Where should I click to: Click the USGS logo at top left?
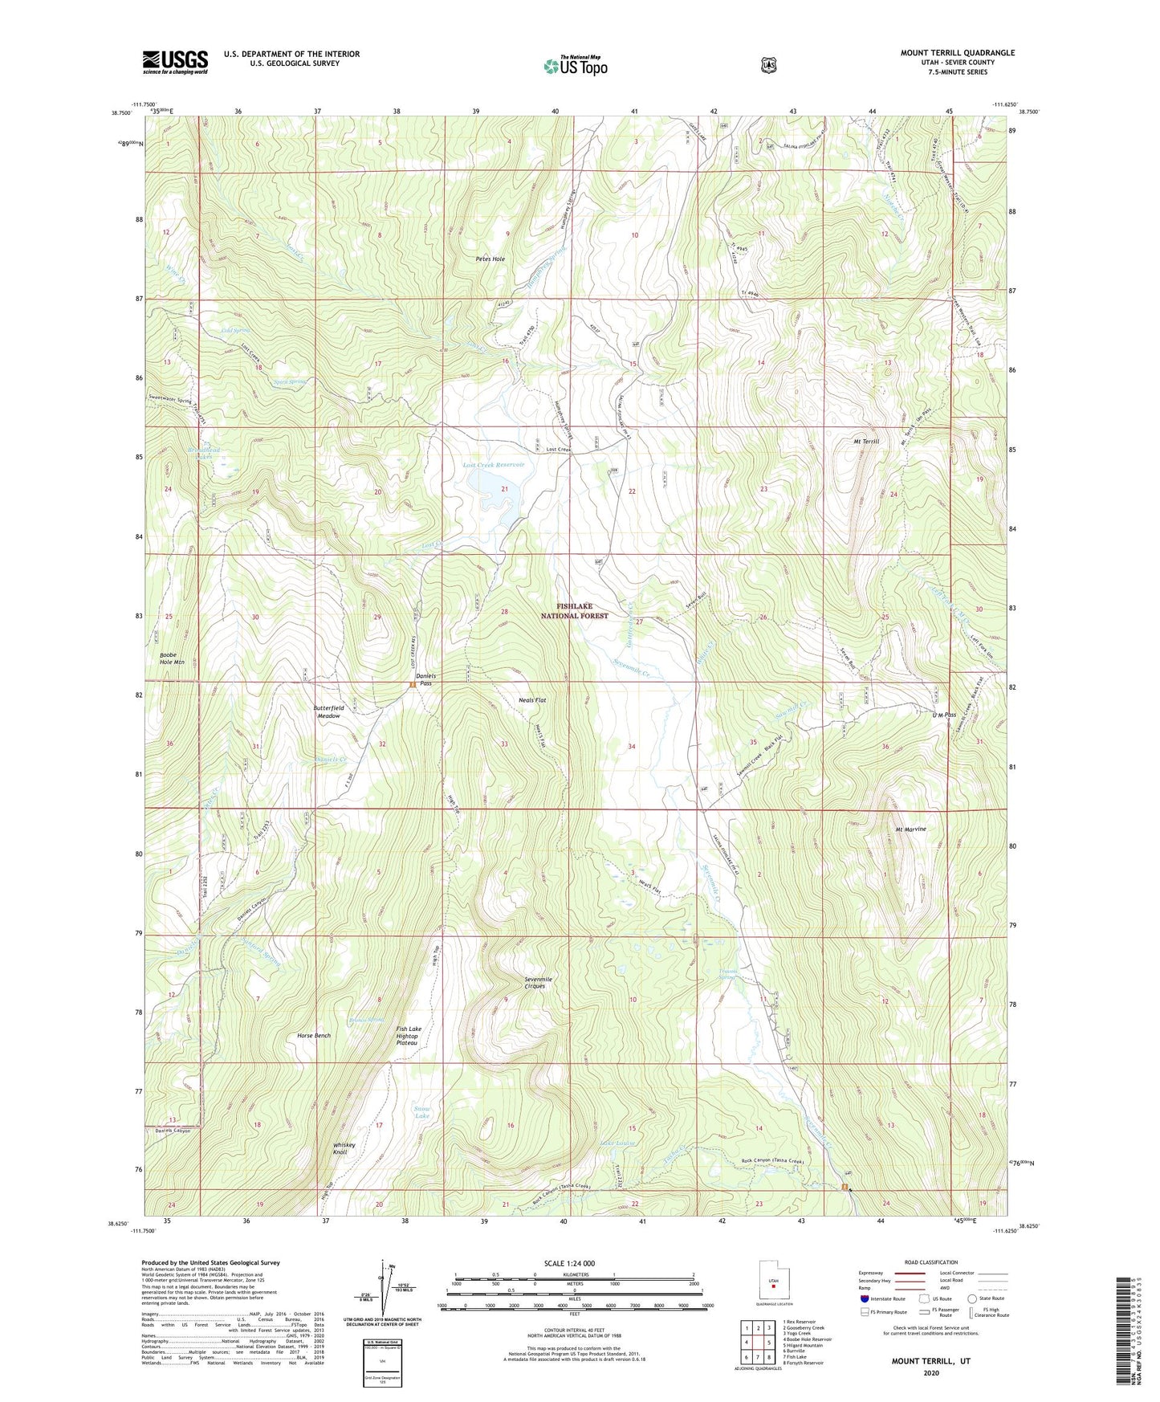click(x=175, y=62)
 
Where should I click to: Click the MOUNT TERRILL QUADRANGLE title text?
click(x=957, y=53)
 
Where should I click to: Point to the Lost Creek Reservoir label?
click(x=493, y=465)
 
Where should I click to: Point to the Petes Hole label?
click(x=490, y=259)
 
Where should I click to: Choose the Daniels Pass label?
click(x=425, y=679)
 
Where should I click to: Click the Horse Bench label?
click(x=313, y=1036)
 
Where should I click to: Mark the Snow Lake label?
click(x=422, y=1113)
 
